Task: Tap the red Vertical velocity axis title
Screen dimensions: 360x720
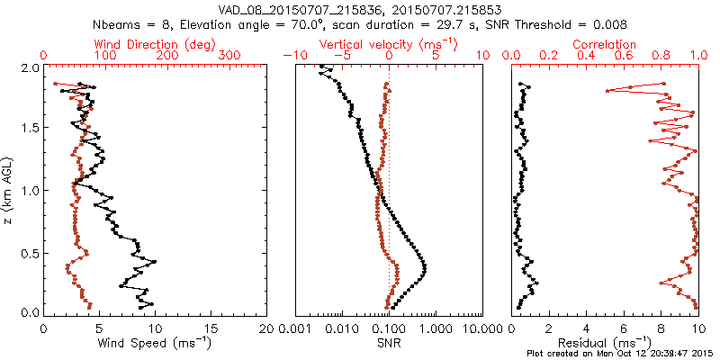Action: [388, 44]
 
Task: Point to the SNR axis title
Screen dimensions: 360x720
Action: [389, 343]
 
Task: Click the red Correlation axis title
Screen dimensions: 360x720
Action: [605, 44]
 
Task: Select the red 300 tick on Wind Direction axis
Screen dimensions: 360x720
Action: [229, 56]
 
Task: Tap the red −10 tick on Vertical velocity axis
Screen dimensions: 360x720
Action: [292, 56]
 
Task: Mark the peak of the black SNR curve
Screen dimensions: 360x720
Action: [425, 269]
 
